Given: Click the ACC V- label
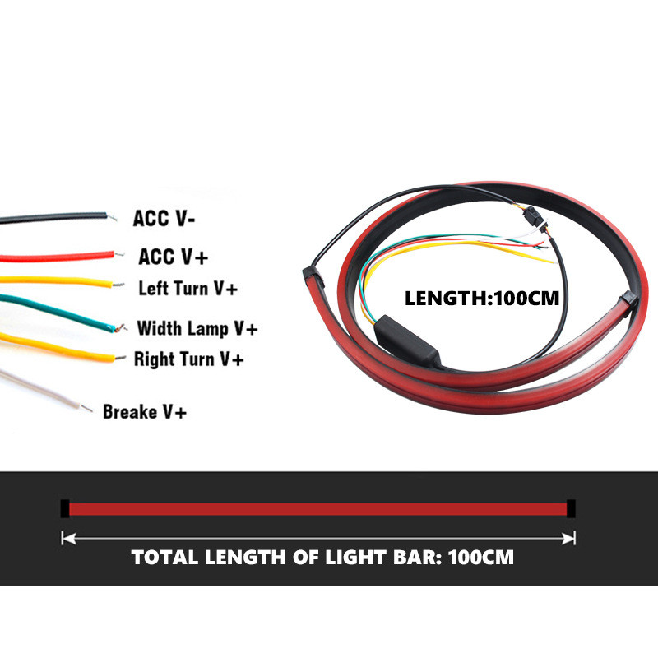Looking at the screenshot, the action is pyautogui.click(x=166, y=220).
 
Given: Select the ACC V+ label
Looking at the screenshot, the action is pyautogui.click(x=173, y=257).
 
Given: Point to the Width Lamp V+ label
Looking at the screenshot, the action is pyautogui.click(x=197, y=329).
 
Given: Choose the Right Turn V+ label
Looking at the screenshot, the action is pyautogui.click(x=188, y=359).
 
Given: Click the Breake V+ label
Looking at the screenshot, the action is pyautogui.click(x=145, y=411).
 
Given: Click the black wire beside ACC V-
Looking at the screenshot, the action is pyautogui.click(x=49, y=219).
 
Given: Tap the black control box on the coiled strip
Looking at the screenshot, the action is pyautogui.click(x=408, y=345).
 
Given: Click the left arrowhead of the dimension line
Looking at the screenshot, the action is pyautogui.click(x=67, y=539).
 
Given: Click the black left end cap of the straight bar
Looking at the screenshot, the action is pyautogui.click(x=65, y=508).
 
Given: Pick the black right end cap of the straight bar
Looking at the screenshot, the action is pyautogui.click(x=571, y=508).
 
